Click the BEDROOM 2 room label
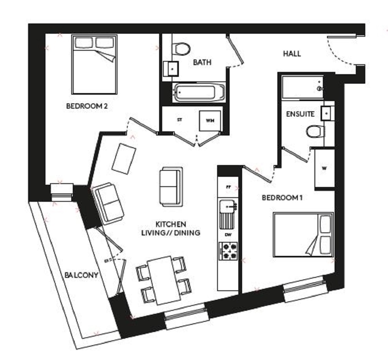[87, 106]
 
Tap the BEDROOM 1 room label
[282, 198]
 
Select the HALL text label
[292, 54]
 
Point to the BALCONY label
[81, 275]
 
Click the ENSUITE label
[300, 114]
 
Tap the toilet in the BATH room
[181, 48]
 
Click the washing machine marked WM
[210, 121]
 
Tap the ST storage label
[180, 120]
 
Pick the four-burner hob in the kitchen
[228, 251]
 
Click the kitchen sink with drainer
[228, 214]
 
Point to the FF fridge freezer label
[228, 187]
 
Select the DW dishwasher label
[228, 235]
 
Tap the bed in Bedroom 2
[94, 64]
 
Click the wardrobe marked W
[324, 168]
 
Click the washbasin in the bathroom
[171, 69]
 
